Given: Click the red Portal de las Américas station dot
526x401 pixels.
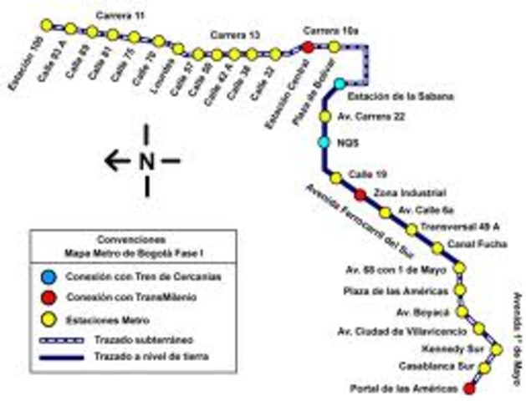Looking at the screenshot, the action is pyautogui.click(x=468, y=388).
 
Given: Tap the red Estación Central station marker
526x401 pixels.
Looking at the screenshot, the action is pyautogui.click(x=308, y=48).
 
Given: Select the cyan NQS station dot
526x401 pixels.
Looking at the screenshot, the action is pyautogui.click(x=324, y=142).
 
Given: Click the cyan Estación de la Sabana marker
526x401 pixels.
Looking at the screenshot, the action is pyautogui.click(x=340, y=84).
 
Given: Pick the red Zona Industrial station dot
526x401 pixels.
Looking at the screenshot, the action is pyautogui.click(x=360, y=195).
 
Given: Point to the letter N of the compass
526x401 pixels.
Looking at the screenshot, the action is pyautogui.click(x=147, y=160).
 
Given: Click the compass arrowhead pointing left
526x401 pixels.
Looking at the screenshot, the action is pyautogui.click(x=111, y=160).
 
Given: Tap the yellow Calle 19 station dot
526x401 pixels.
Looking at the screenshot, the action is pyautogui.click(x=335, y=178).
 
